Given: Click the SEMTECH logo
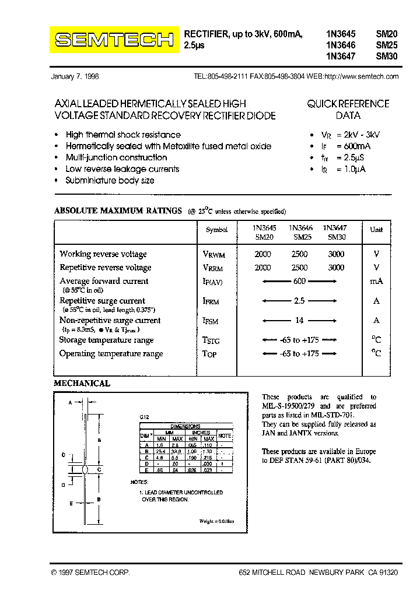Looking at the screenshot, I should (114, 40).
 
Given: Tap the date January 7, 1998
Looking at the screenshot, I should (75, 76).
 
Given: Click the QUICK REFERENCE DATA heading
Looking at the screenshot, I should (348, 110).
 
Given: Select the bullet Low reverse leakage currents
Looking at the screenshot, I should (123, 169).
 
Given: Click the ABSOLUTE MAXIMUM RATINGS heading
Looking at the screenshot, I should (118, 211).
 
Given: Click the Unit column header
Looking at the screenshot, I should (376, 230).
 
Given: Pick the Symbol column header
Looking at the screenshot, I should (217, 230).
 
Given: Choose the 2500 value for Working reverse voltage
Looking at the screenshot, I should (299, 254).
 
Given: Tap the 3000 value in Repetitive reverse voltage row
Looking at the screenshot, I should (336, 268).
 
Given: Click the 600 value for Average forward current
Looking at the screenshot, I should (299, 281).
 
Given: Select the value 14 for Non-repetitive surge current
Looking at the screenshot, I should (299, 320).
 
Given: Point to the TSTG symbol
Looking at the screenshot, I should (211, 341).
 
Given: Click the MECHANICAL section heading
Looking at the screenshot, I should (82, 384).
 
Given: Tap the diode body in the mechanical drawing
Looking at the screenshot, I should (86, 469).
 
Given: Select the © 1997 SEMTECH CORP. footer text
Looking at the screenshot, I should (90, 573).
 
